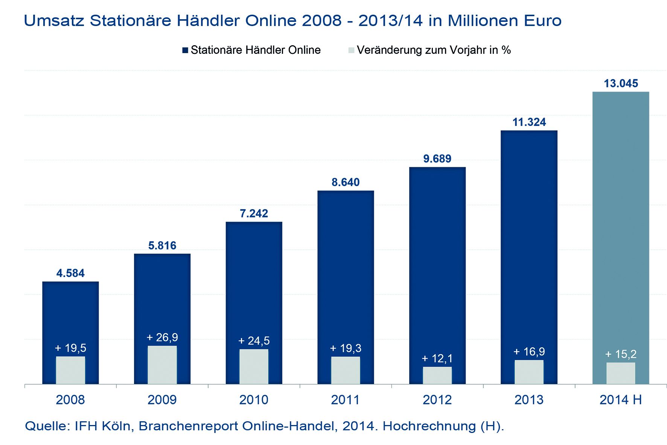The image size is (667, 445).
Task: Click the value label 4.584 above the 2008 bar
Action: click(70, 273)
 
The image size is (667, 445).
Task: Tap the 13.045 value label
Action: click(621, 83)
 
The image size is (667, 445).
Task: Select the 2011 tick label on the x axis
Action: click(345, 400)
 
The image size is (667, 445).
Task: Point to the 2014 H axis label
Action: click(620, 400)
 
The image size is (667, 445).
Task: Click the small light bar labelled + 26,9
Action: click(162, 365)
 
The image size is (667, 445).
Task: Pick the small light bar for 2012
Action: click(437, 375)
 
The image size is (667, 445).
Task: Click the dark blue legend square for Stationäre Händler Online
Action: click(185, 50)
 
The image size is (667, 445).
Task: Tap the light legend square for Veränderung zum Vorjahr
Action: click(351, 50)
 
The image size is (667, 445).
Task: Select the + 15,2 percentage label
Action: click(621, 354)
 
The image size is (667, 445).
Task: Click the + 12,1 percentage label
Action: click(437, 358)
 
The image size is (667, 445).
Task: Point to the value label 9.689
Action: click(437, 159)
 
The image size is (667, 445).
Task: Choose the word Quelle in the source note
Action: click(47, 426)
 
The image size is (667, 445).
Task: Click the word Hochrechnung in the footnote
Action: click(425, 426)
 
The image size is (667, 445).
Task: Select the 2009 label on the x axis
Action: click(162, 400)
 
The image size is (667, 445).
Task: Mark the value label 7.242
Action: click(254, 214)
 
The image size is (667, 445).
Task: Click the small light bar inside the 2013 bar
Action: click(529, 372)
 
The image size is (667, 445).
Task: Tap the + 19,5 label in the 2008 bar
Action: click(70, 348)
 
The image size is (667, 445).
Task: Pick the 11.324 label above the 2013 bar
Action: click(529, 122)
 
